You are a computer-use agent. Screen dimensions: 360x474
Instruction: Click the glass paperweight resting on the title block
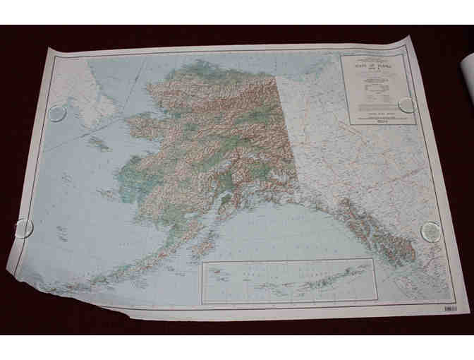pos(407,105)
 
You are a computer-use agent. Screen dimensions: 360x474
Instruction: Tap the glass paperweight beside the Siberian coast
pos(57,113)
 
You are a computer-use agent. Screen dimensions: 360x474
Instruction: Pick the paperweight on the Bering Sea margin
pos(23,228)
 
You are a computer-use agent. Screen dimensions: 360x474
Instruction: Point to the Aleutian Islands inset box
pos(289,282)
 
